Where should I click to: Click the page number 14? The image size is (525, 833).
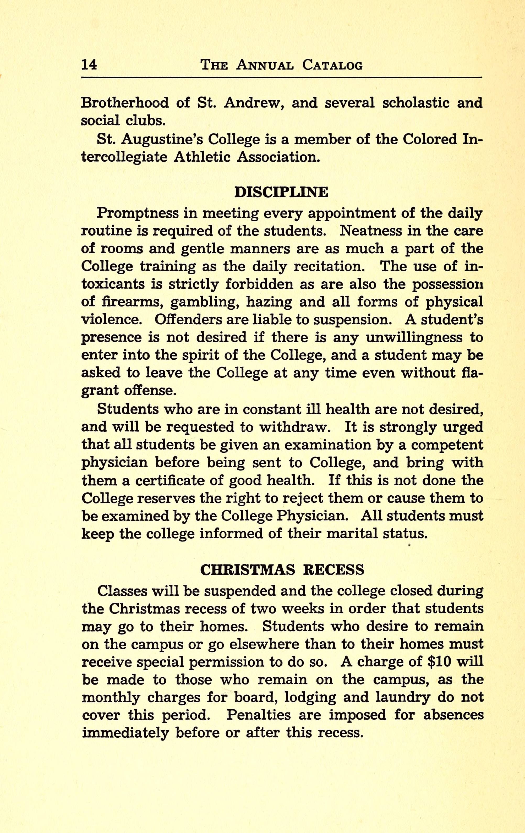(89, 65)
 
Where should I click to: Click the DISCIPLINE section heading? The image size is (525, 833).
(281, 192)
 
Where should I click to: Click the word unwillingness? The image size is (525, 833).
(414, 338)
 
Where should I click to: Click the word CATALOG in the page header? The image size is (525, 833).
(332, 65)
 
